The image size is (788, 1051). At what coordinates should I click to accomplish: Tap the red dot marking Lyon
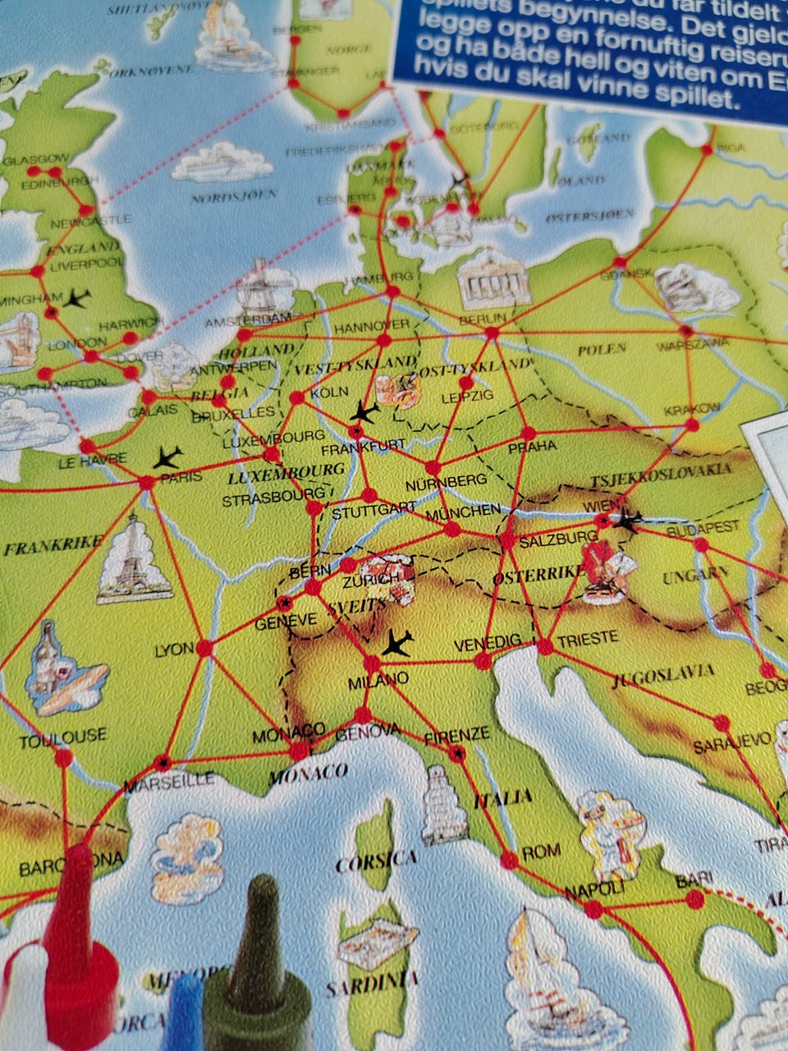204,648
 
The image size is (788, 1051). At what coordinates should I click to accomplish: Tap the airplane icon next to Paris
167,456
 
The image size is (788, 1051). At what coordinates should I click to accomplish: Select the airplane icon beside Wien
628,520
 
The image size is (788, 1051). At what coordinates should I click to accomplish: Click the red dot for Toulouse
63,758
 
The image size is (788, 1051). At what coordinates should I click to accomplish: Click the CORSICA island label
376,861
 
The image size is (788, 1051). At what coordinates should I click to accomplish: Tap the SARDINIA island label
372,983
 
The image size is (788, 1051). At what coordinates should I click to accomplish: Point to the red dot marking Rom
509,860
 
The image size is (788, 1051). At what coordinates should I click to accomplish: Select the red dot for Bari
695,899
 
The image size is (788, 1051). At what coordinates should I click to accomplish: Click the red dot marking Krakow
692,425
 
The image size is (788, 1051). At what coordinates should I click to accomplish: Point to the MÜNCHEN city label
462,510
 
